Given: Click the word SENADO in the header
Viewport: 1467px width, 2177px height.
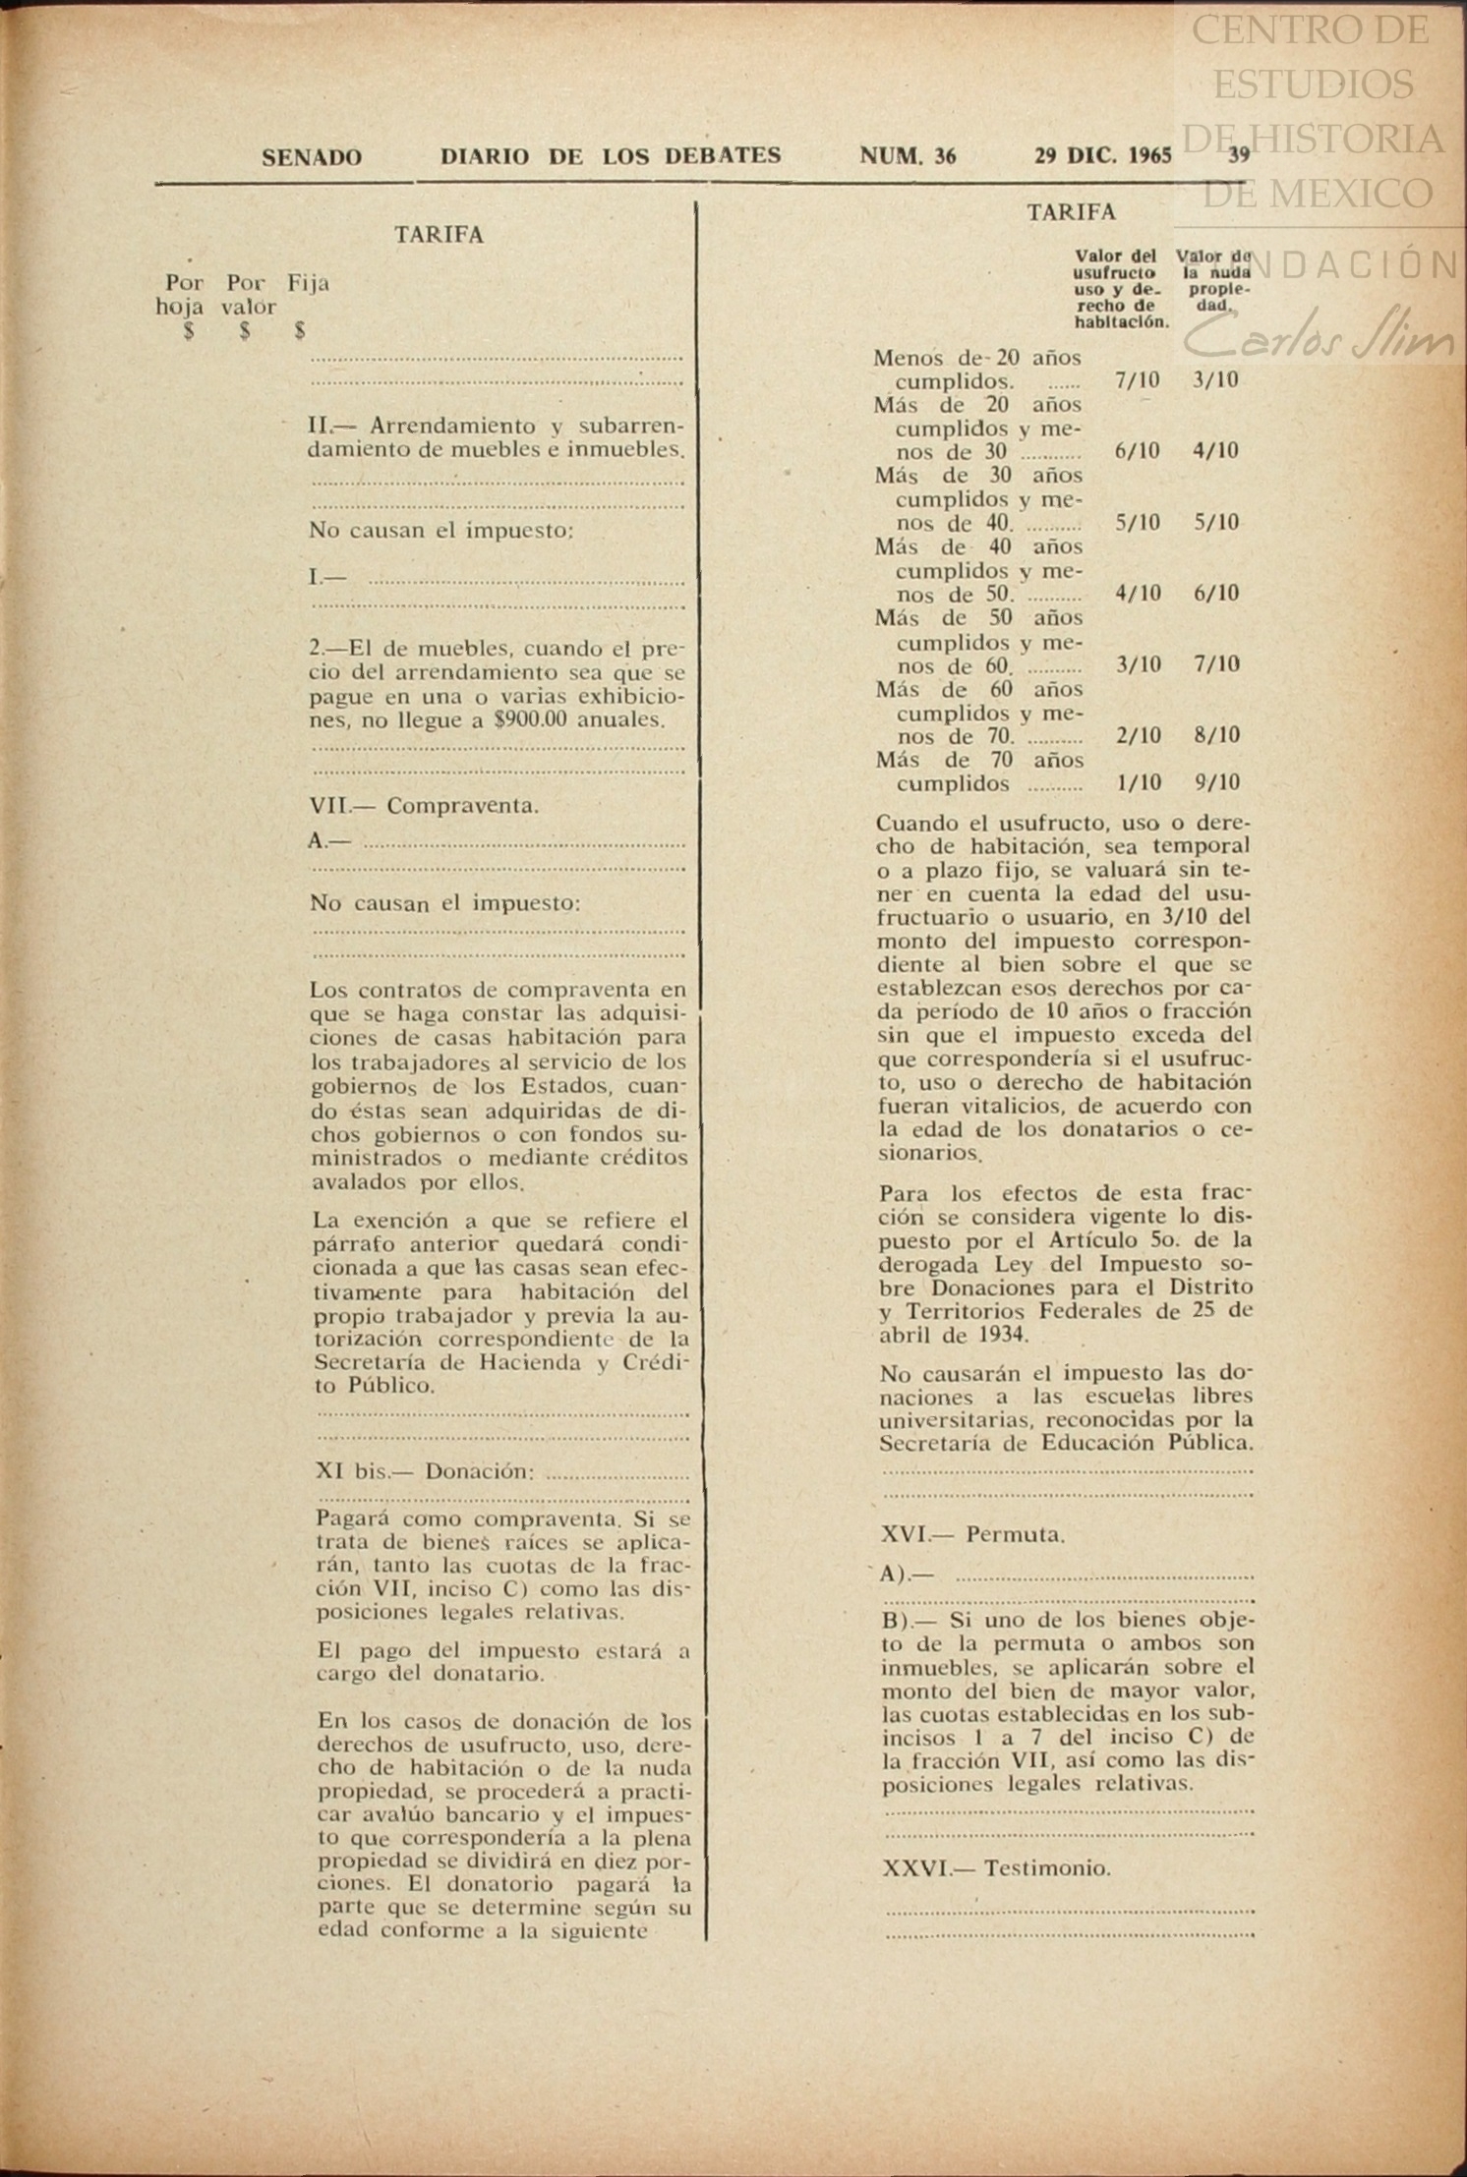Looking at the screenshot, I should pos(312,157).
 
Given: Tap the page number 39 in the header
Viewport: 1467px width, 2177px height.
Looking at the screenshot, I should pos(1238,155).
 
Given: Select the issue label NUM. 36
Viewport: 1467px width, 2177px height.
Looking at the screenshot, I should pos(908,156).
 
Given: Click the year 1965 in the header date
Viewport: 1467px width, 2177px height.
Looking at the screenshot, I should pos(1149,156).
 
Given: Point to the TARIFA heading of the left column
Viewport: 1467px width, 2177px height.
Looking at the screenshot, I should pos(439,235).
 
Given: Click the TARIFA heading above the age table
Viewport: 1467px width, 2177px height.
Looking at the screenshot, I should pos(1071,212).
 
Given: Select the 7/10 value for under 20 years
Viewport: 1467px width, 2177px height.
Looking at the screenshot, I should pos(1138,381).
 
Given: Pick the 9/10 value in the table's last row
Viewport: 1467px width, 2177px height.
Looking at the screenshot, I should pos(1216,783).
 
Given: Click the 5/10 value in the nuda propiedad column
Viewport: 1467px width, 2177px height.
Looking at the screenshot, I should pos(1216,523).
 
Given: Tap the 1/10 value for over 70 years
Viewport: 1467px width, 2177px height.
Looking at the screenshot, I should pos(1139,783).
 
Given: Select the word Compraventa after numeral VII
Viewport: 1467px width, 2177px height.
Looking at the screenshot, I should pos(462,806).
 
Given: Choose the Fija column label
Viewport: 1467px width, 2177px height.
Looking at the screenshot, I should pos(309,283).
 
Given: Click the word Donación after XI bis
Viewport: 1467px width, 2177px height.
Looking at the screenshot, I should pos(480,1471).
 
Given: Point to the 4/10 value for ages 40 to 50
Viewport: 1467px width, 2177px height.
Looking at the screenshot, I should pos(1139,594).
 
